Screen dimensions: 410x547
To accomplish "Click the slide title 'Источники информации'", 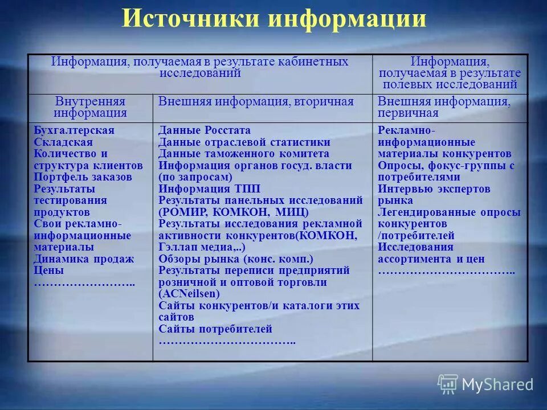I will pyautogui.click(x=273, y=19).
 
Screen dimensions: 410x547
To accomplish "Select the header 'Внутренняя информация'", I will pyautogui.click(x=90, y=107).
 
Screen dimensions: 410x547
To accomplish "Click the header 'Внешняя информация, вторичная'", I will pyautogui.click(x=256, y=102).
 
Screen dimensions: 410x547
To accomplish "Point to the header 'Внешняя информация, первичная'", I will pyautogui.click(x=444, y=107).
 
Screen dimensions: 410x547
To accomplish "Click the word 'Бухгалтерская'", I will pyautogui.click(x=74, y=130).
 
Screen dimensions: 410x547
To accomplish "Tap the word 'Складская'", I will pyautogui.click(x=63, y=142).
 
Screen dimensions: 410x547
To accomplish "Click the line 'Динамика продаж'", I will pyautogui.click(x=84, y=259).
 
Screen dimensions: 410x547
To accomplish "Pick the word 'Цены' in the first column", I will pyautogui.click(x=49, y=270).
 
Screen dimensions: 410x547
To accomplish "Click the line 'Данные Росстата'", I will pyautogui.click(x=205, y=130).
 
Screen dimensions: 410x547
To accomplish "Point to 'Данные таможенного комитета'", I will pyautogui.click(x=244, y=154).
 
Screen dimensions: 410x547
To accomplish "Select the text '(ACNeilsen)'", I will pyautogui.click(x=189, y=294).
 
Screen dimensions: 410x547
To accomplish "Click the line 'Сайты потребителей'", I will pyautogui.click(x=215, y=329).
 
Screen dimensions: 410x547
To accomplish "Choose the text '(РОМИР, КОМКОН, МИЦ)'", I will pyautogui.click(x=234, y=212).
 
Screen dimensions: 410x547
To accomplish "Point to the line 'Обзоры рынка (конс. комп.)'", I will pyautogui.click(x=236, y=259).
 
